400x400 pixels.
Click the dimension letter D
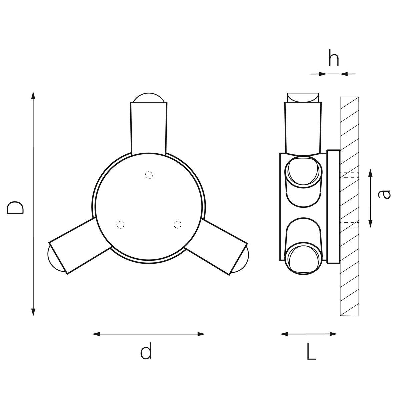(x=15, y=208)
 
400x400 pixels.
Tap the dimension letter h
(x=334, y=57)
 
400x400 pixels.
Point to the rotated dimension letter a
(x=384, y=194)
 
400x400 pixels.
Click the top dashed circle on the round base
(x=149, y=175)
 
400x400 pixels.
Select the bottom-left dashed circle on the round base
(x=120, y=225)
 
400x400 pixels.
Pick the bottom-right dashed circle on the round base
(x=177, y=224)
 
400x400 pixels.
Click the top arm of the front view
(x=149, y=129)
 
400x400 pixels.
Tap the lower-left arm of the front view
(x=80, y=246)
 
